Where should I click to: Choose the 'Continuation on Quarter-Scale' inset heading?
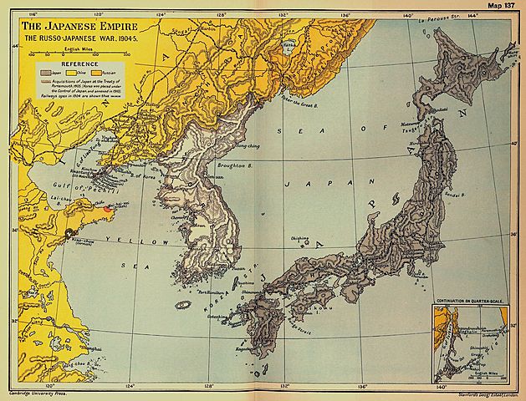[x=472, y=297]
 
